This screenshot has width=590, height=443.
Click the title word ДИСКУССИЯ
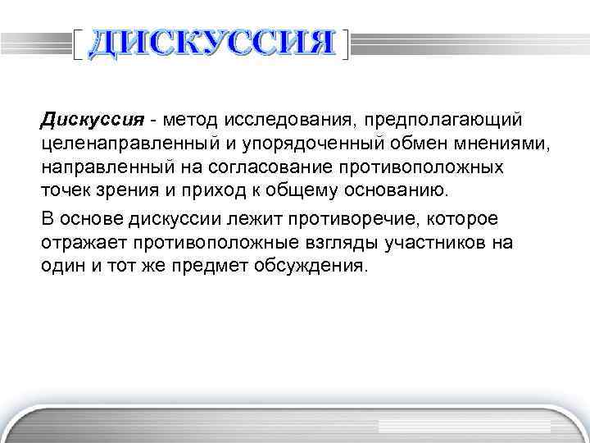211,43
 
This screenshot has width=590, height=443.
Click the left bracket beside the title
77,44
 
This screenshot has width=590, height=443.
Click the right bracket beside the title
347,44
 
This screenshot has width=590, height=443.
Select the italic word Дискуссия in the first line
93,121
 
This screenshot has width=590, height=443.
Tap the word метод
191,121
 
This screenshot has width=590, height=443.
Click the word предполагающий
442,121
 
